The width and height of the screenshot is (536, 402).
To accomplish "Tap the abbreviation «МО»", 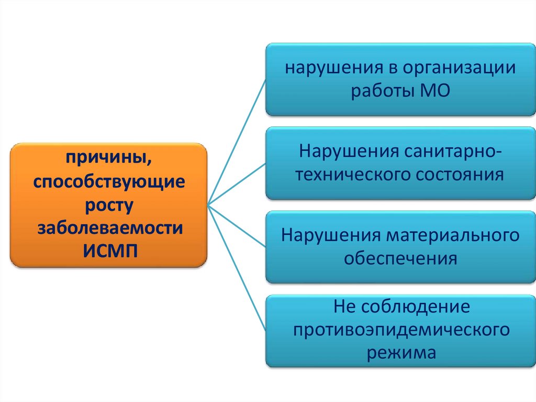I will click(x=435, y=91).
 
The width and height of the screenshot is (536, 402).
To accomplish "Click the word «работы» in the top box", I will click(x=382, y=91).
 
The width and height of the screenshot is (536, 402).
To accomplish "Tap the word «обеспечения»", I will click(x=400, y=258).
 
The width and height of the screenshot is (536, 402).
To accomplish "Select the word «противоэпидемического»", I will click(x=401, y=330).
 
